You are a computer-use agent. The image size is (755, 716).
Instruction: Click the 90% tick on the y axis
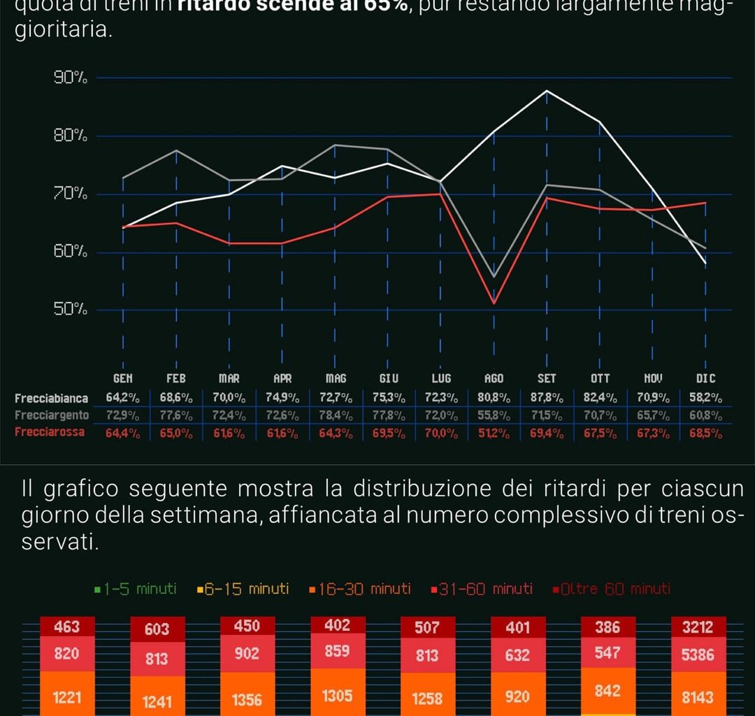click(x=71, y=78)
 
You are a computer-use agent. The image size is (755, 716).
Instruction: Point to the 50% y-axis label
click(x=71, y=310)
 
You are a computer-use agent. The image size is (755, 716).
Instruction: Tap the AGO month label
click(x=494, y=378)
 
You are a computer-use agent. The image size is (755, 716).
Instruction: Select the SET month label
click(x=547, y=378)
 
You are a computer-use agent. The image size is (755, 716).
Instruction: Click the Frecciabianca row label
click(x=52, y=399)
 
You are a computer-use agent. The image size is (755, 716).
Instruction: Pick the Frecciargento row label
click(x=52, y=415)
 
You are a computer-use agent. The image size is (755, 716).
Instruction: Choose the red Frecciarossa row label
click(x=50, y=432)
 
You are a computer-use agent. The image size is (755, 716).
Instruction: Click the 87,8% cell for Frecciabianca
click(x=547, y=399)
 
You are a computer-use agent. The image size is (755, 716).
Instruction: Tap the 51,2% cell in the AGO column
click(x=494, y=433)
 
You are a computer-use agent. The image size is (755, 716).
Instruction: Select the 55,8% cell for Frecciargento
click(x=494, y=416)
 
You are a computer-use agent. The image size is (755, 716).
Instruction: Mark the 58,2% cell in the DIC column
click(x=705, y=399)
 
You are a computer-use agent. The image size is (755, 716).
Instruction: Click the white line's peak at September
click(x=547, y=91)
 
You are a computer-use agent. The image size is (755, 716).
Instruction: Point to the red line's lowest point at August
click(x=494, y=303)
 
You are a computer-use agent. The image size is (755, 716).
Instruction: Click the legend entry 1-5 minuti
click(x=135, y=589)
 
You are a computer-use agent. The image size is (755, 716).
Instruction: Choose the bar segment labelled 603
click(x=157, y=629)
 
